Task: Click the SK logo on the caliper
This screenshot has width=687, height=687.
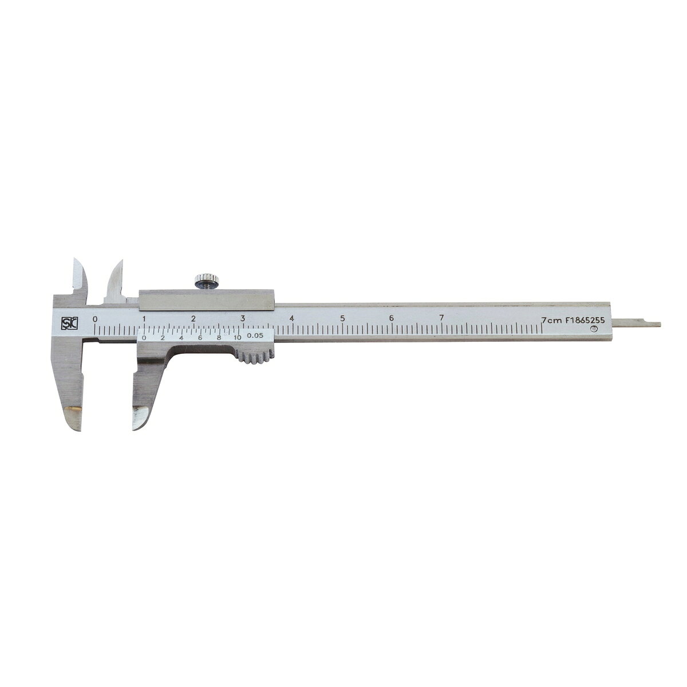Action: pos(66,323)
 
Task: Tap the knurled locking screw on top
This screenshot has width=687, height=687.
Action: pos(204,280)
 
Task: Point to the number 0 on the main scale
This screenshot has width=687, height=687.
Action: pos(95,319)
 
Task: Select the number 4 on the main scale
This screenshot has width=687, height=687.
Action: pos(291,318)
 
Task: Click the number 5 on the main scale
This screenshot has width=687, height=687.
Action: pos(342,318)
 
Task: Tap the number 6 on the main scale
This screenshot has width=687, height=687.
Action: pos(392,318)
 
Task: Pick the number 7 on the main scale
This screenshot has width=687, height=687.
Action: pos(441,318)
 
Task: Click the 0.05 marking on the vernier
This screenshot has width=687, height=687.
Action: pos(255,335)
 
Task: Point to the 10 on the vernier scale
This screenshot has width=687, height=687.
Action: pos(237,337)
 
